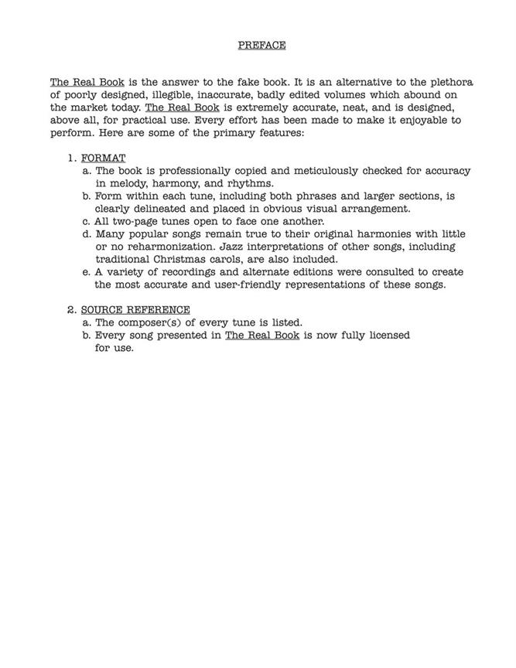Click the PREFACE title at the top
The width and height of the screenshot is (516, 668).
[261, 45]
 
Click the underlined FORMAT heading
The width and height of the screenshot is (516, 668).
[103, 158]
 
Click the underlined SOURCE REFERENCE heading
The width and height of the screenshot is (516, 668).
[135, 310]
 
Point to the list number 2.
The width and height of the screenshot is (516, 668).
[71, 310]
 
